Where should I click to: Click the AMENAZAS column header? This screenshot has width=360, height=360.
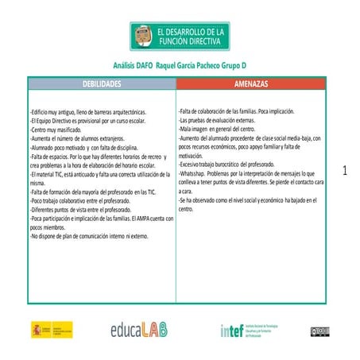click(251, 83)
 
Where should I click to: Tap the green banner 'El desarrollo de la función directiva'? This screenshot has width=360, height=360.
click(180, 35)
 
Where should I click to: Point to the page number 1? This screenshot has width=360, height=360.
click(345, 170)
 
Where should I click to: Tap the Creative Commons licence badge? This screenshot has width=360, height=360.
click(320, 330)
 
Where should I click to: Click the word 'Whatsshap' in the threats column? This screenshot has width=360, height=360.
click(197, 173)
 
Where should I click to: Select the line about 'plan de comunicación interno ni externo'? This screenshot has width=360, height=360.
click(89, 236)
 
